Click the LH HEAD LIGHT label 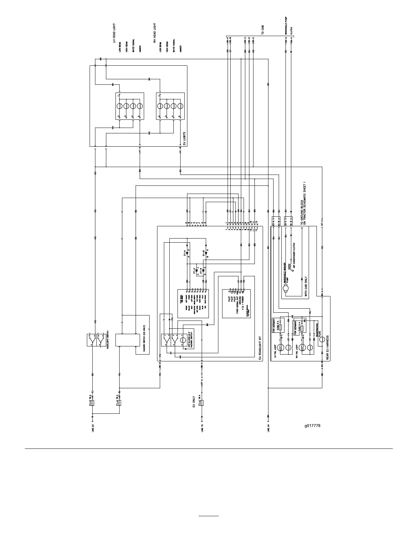[x=114, y=33]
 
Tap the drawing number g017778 [x=313, y=425]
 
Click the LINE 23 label [x=93, y=428]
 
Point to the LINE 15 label [x=202, y=428]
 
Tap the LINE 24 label [x=268, y=428]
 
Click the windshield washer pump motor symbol [x=285, y=289]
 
